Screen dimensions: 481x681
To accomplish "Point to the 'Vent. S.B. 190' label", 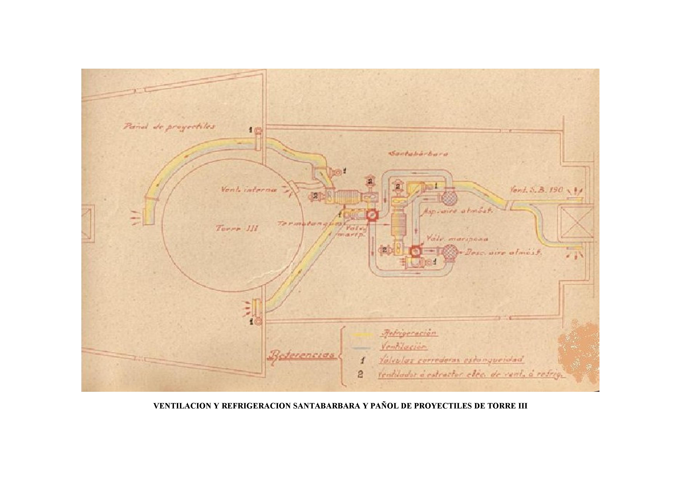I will point(536,190).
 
